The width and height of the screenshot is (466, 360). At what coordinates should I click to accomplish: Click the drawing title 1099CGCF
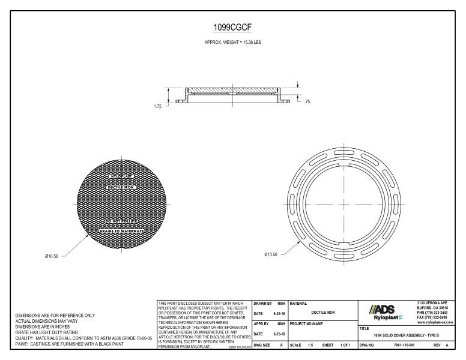232,28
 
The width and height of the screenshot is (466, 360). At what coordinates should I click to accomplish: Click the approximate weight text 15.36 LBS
232,43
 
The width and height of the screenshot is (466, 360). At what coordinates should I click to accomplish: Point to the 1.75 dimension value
158,106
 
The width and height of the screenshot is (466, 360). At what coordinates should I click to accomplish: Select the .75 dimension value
307,102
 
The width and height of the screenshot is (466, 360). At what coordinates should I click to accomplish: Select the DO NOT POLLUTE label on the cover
122,221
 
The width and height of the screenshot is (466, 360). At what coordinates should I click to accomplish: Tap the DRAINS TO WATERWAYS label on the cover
122,231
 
